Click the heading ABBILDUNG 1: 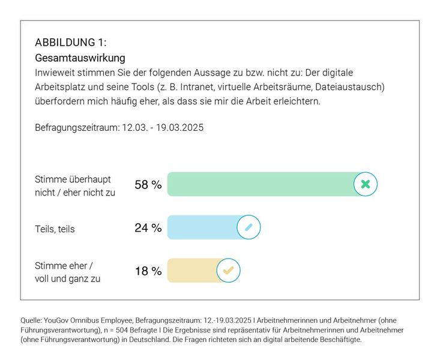[x=71, y=43]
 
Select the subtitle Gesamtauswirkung [x=80, y=58]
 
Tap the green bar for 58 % [x=261, y=184]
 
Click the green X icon [x=365, y=184]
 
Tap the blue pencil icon [x=249, y=227]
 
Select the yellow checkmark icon [x=228, y=271]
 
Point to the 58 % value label [x=148, y=185]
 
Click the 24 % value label [x=148, y=228]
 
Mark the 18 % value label [x=148, y=271]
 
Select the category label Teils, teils [x=55, y=229]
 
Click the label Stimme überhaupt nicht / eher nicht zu [x=75, y=185]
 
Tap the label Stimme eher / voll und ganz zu [x=67, y=272]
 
